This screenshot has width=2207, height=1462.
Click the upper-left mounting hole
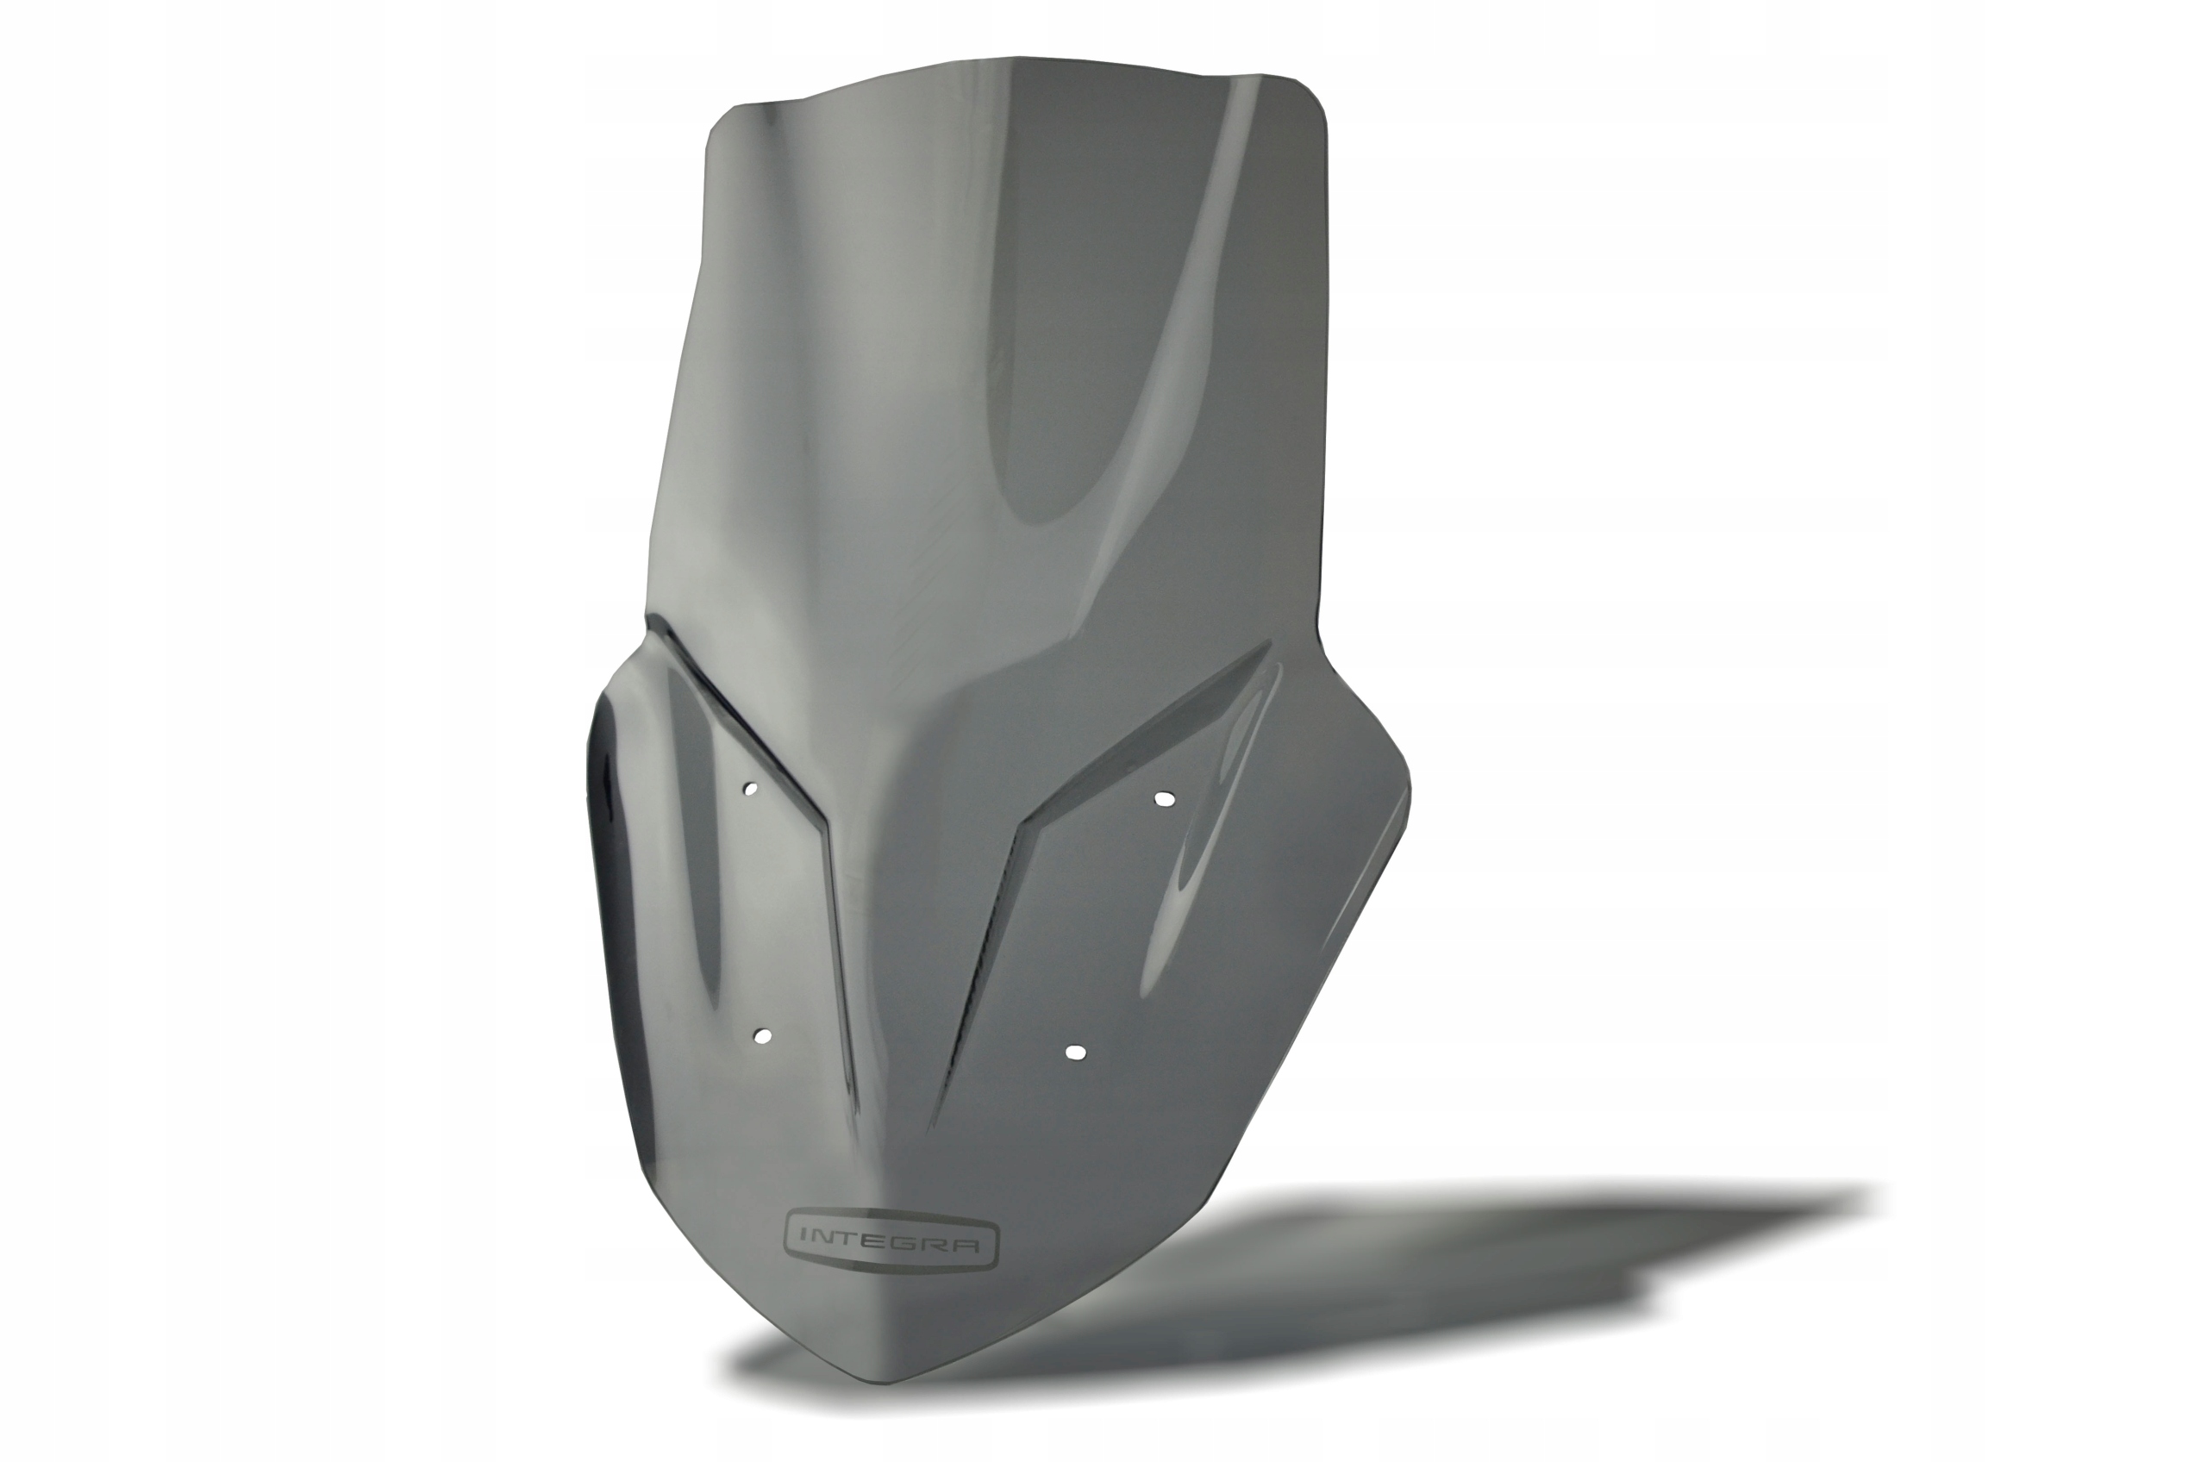pos(747,790)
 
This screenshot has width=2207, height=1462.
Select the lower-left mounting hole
pos(762,1036)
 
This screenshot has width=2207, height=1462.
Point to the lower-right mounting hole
pos(1075,1052)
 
